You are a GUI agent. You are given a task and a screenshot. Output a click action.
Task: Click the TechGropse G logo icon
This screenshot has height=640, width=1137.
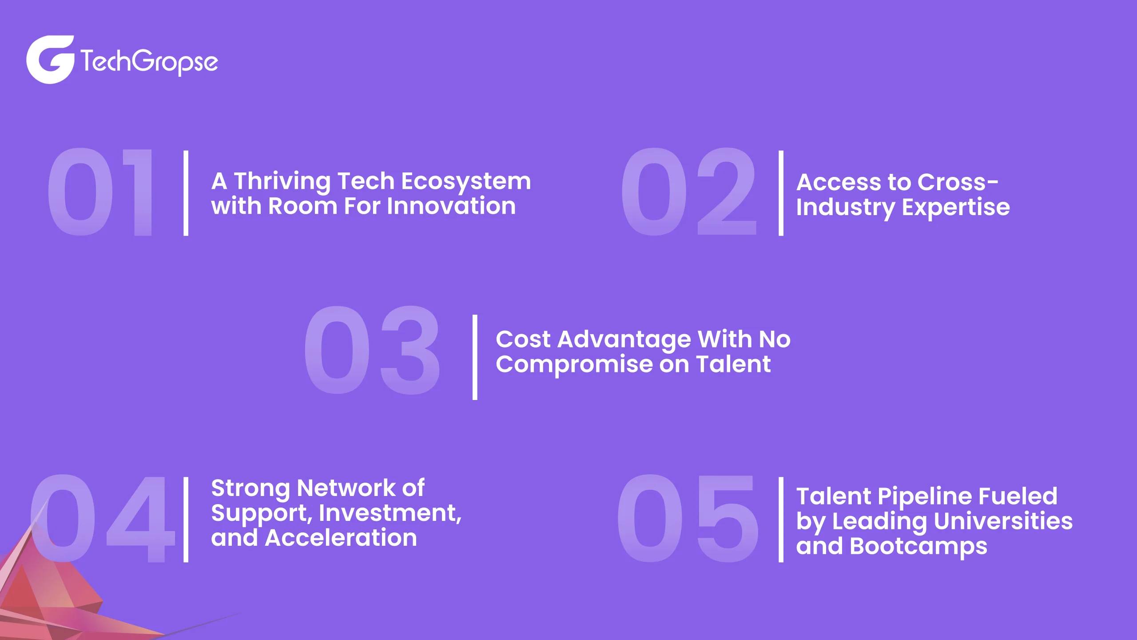50,60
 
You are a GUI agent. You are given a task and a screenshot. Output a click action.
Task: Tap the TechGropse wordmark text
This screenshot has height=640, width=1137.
149,62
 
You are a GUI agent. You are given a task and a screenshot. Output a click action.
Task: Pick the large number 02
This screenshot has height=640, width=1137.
688,192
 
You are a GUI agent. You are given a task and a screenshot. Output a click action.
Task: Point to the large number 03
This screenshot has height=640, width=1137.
372,350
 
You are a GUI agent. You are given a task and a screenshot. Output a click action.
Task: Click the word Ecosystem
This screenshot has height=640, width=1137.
466,182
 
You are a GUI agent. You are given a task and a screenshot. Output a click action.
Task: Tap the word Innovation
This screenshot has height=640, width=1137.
451,206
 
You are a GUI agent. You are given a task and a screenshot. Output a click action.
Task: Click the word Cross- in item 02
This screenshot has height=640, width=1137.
958,182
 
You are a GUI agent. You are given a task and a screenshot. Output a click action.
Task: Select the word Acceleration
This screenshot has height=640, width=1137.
341,538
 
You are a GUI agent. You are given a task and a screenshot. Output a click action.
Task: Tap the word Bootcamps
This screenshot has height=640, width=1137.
918,547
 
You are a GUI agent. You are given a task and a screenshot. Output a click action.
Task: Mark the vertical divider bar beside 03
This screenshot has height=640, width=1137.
475,357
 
